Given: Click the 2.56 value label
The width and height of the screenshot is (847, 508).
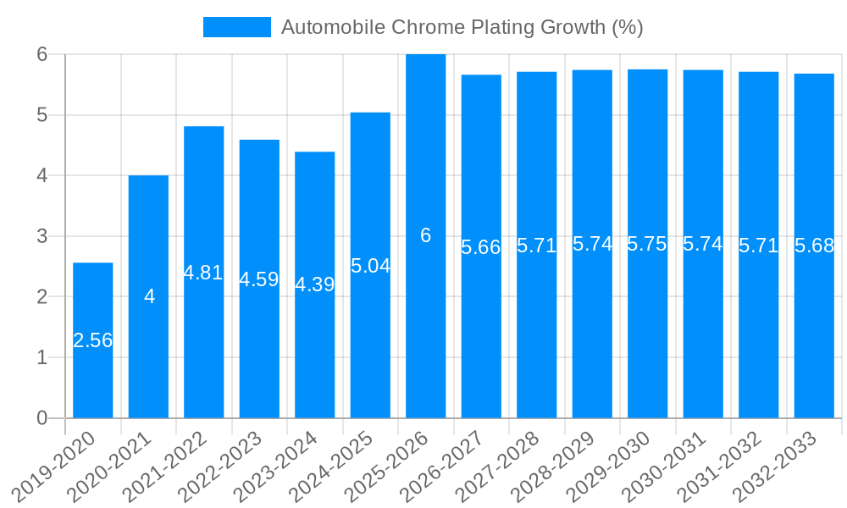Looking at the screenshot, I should click(x=93, y=340).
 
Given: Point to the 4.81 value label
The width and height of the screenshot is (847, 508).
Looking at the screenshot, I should click(x=204, y=273).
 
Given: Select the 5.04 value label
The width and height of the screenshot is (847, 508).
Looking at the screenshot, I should click(x=370, y=266).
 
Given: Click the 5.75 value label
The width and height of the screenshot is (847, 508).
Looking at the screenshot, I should click(x=648, y=244).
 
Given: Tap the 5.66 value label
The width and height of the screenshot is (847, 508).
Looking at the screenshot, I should click(x=481, y=247).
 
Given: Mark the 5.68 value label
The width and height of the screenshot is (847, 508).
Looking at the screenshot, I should click(x=814, y=246).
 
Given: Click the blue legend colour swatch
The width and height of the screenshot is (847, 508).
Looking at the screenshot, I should click(x=236, y=27).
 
